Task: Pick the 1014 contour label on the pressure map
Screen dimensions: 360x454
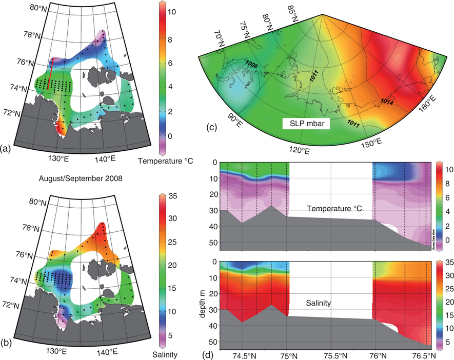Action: pos(388,101)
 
